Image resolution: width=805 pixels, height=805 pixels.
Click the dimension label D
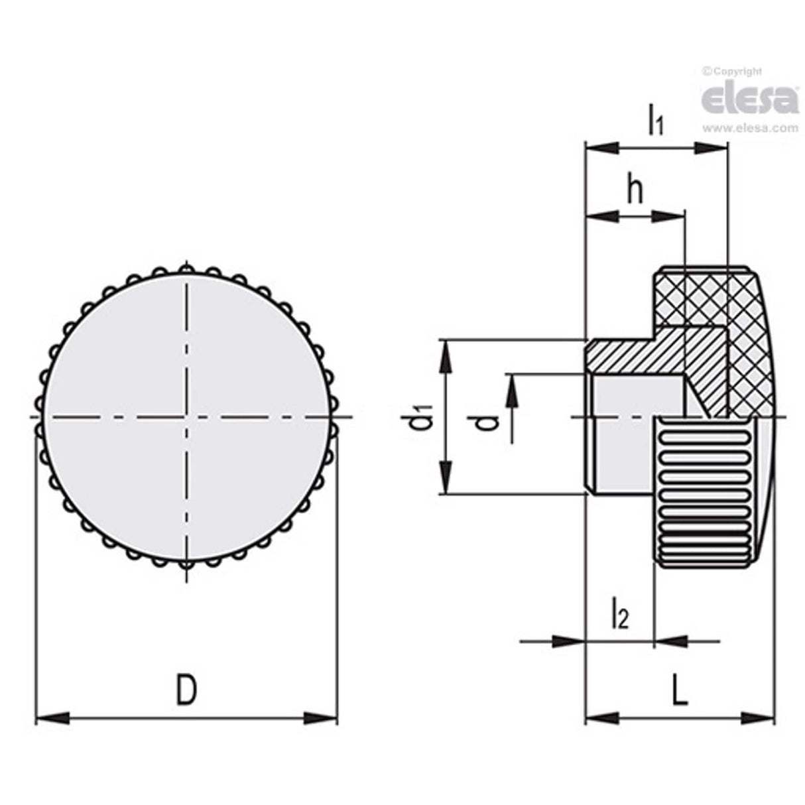point(186,690)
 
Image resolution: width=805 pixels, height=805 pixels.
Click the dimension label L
point(680,690)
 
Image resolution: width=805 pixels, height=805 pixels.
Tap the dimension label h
point(635,191)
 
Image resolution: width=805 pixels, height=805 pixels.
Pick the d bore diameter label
point(489,421)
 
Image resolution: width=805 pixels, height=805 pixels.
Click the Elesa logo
point(749,99)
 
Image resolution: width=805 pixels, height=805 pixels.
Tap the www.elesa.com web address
point(750,128)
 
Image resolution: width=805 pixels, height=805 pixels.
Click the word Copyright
point(737,71)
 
